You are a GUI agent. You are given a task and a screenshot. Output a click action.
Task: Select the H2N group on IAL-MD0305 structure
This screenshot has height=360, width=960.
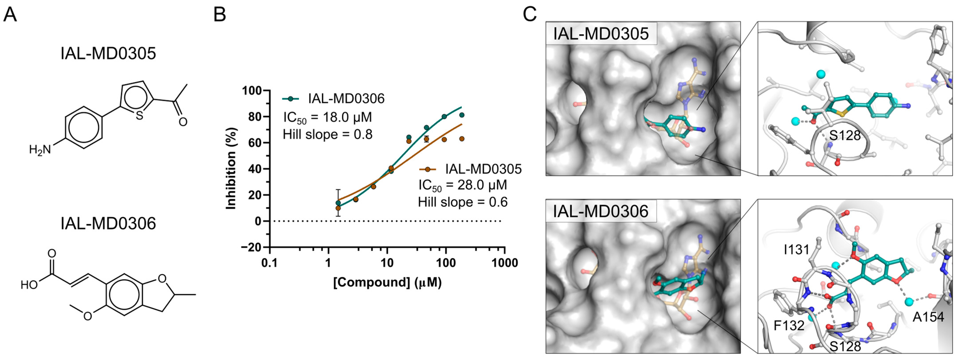click(40, 150)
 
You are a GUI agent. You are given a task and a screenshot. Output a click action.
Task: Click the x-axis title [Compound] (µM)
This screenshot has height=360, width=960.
click(387, 282)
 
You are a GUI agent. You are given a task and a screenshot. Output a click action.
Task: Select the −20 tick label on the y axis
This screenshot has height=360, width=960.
click(250, 247)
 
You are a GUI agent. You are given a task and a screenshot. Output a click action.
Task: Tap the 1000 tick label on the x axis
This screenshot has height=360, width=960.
click(505, 263)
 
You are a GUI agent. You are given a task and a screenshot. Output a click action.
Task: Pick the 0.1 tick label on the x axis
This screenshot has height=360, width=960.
click(269, 263)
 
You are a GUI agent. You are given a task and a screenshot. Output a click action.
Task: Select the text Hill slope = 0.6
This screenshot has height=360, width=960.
click(463, 202)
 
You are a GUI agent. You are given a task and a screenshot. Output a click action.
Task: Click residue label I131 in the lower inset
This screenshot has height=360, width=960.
click(796, 250)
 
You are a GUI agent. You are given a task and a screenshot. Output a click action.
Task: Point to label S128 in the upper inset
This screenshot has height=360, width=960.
click(845, 135)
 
